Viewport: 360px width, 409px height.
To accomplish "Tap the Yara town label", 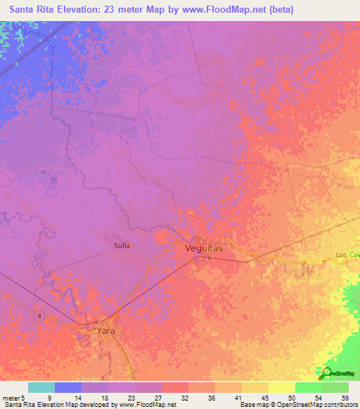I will pos(105,330).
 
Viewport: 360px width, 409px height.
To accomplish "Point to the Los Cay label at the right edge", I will pos(347,254).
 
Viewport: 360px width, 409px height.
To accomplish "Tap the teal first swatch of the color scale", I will pos(41,387).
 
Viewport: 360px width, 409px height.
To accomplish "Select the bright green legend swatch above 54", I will pos(309,387).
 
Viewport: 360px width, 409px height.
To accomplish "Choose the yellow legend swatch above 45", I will pos(255,387).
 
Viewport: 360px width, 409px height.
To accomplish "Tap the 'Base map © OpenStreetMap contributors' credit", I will pos(297,405).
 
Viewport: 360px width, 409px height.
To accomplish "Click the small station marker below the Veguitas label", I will pos(198,257).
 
